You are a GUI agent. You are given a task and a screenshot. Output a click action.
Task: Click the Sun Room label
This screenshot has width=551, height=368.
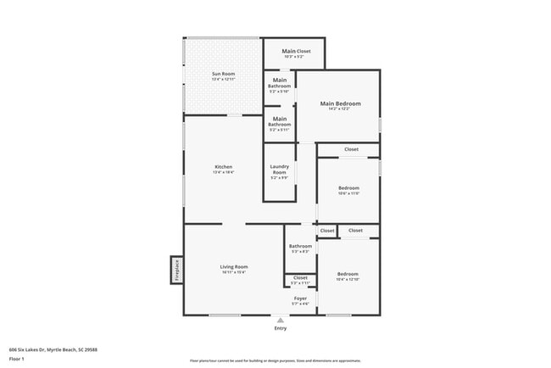223,74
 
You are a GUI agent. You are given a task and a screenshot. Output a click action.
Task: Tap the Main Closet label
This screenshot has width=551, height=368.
297,51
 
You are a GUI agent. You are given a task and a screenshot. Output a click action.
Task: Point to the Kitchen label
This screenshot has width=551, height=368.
223,166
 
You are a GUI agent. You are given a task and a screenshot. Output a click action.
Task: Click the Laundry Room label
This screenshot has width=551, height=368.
280,170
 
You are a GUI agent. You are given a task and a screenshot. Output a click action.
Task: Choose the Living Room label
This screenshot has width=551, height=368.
234,266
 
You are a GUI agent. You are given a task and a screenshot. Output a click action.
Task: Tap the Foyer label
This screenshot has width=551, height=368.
300,298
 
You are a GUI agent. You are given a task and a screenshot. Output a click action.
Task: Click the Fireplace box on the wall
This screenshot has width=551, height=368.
177,270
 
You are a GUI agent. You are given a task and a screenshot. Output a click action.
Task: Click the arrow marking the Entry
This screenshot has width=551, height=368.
281,320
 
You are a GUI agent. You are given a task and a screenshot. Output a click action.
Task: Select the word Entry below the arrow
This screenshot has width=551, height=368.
281,328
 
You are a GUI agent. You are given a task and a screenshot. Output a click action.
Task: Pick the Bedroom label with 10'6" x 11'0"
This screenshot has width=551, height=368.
348,187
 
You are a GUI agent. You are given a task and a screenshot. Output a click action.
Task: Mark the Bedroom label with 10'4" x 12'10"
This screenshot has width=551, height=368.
348,274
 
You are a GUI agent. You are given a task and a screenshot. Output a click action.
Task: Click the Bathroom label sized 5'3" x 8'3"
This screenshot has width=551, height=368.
300,246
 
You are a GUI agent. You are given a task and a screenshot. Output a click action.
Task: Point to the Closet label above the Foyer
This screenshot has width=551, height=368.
300,276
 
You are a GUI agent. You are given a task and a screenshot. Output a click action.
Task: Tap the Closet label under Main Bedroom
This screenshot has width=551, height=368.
350,149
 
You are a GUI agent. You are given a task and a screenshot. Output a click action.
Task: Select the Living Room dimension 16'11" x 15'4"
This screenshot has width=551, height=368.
234,272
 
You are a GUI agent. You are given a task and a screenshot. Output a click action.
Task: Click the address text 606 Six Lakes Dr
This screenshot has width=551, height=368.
53,348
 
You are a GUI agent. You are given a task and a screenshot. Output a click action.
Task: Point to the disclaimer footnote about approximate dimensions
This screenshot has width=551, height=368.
275,360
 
